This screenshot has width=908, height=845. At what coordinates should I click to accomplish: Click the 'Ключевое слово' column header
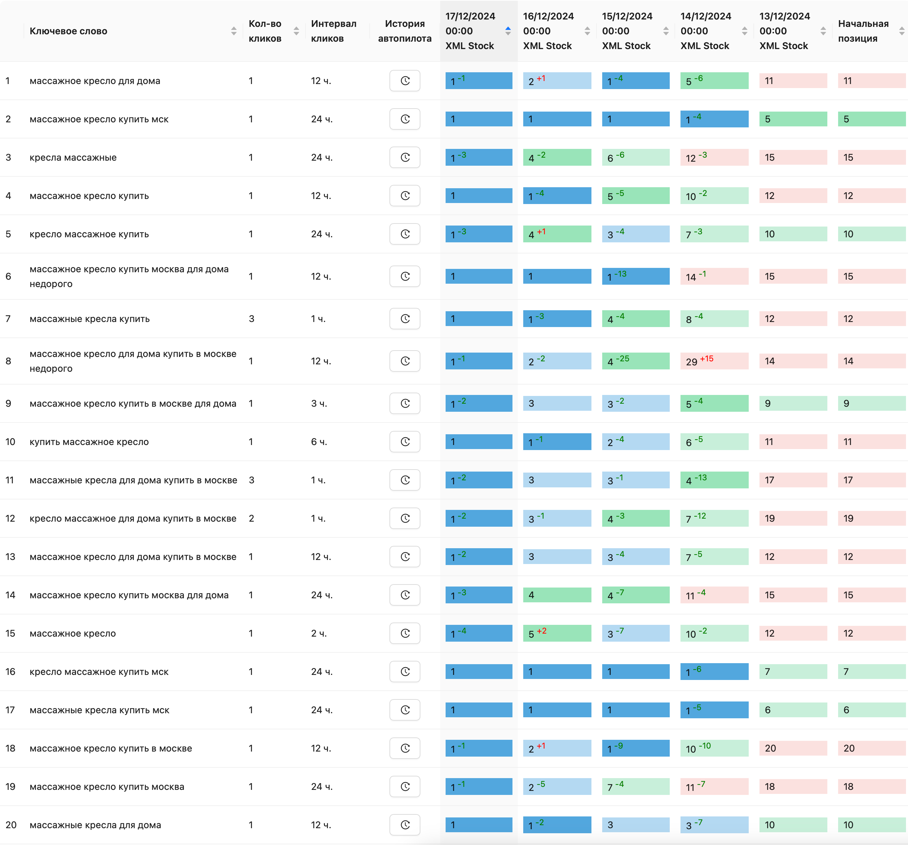[69, 31]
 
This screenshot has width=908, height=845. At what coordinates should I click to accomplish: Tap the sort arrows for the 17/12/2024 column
[508, 31]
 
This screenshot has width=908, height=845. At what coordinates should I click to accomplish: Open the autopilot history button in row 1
[405, 81]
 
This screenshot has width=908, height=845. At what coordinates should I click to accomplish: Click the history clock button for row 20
[405, 824]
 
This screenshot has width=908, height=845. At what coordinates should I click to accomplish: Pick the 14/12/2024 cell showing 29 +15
[714, 361]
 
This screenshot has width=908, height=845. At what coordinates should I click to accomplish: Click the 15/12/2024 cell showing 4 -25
[635, 361]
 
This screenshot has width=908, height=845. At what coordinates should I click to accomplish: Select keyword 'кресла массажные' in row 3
[73, 158]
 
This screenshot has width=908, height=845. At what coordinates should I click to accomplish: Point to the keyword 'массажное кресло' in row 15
[73, 634]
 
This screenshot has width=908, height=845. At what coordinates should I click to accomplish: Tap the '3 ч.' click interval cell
[319, 403]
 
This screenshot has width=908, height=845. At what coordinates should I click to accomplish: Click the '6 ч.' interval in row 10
[319, 442]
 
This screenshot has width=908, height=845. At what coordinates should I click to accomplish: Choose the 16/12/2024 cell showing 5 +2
[557, 634]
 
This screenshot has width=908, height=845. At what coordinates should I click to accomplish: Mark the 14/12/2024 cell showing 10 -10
[714, 748]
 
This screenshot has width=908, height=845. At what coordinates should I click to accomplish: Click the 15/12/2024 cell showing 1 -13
[635, 276]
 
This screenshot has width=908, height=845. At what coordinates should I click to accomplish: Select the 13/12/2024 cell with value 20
[792, 748]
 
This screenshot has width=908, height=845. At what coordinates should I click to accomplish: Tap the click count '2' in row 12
[251, 518]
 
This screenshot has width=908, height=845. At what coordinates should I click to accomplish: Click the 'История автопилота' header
[405, 31]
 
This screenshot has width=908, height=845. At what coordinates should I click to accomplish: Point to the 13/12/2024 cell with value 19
[792, 518]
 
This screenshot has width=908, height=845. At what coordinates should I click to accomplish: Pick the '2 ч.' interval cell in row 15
[319, 634]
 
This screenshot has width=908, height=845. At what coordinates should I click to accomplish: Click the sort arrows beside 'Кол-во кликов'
[296, 31]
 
